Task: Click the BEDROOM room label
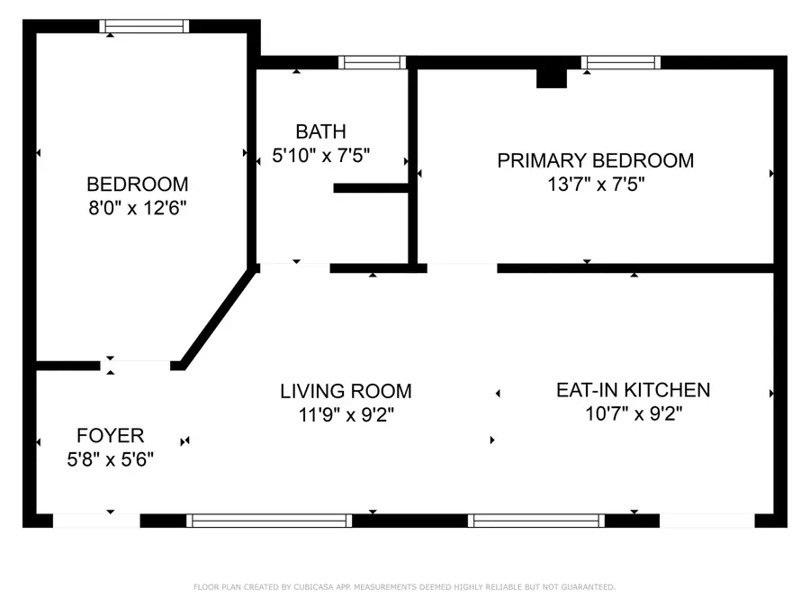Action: (137, 184)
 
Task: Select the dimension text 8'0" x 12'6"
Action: (137, 208)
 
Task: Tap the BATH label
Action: (320, 132)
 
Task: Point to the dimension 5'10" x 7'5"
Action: (320, 155)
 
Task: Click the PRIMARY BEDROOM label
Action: (595, 160)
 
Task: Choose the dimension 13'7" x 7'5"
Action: (595, 185)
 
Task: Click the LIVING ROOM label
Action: (346, 391)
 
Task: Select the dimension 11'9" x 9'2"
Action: (346, 414)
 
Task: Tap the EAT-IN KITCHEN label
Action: (633, 390)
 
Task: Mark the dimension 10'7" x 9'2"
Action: (633, 414)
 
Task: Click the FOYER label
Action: (110, 436)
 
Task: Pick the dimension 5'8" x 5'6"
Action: (110, 459)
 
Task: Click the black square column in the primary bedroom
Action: (551, 78)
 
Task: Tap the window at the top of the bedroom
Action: (144, 26)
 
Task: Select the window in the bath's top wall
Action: (373, 62)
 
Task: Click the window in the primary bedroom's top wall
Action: (620, 62)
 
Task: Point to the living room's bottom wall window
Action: (269, 520)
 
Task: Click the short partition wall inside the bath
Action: (371, 188)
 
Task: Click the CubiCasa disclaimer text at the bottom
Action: (404, 587)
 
